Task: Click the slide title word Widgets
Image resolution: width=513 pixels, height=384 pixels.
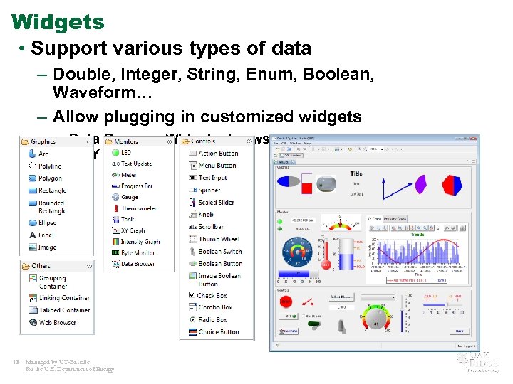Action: [x=58, y=22]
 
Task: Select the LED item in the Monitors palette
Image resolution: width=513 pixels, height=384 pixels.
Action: [x=125, y=152]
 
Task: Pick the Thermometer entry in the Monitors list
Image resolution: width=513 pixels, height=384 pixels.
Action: [x=138, y=208]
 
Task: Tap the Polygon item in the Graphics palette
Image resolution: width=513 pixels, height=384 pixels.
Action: [x=50, y=178]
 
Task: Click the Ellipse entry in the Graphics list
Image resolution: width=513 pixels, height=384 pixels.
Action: [x=48, y=222]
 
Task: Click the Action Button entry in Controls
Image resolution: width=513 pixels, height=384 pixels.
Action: [x=217, y=153]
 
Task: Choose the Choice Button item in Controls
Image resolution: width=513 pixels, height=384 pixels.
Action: [x=218, y=331]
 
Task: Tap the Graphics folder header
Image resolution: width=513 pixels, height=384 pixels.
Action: [x=43, y=141]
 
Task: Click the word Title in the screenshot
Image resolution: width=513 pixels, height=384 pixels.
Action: [x=356, y=174]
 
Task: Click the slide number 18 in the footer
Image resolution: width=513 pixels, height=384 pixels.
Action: [x=16, y=362]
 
